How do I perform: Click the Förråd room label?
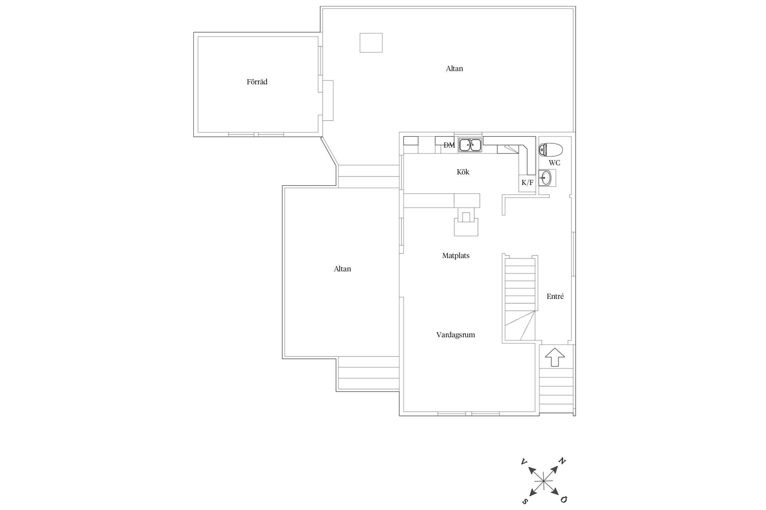tap(257, 82)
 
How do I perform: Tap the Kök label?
tap(463, 172)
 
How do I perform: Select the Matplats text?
tap(456, 256)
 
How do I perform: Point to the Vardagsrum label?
tap(456, 335)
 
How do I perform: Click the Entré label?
tap(555, 296)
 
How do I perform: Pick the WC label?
tap(554, 163)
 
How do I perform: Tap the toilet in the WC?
tap(550, 150)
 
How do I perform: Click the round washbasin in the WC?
tap(546, 178)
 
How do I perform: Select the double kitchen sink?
tap(470, 145)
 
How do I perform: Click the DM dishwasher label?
tap(449, 145)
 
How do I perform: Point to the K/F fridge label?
tap(527, 183)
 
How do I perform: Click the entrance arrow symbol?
tap(555, 357)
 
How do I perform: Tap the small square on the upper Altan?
tap(371, 42)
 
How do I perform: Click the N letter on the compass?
tap(562, 461)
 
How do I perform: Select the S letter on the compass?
tap(525, 502)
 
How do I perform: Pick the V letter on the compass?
tap(524, 462)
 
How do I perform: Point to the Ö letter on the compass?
tap(564, 499)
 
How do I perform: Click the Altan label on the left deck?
tap(342, 269)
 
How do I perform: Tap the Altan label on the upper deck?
tap(454, 69)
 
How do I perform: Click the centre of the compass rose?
tap(544, 481)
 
